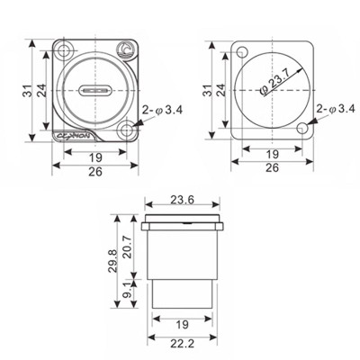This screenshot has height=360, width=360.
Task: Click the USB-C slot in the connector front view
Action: (94, 92)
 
